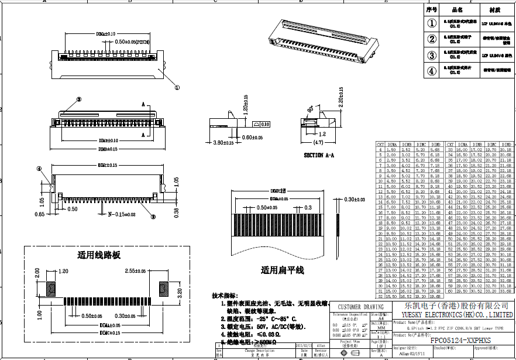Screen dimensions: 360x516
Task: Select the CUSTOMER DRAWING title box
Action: pyautogui.click(x=361, y=307)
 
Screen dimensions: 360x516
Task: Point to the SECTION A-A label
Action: pyautogui.click(x=319, y=155)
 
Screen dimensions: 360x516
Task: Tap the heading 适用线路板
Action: pyautogui.click(x=99, y=255)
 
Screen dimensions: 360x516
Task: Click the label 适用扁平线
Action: pyautogui.click(x=283, y=270)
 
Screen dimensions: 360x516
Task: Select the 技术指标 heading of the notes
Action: pyautogui.click(x=225, y=296)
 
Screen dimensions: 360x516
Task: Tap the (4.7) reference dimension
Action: pyautogui.click(x=318, y=142)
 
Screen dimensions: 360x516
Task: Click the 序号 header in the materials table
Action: pyautogui.click(x=432, y=10)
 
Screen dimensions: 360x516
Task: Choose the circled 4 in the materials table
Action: pyautogui.click(x=432, y=71)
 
